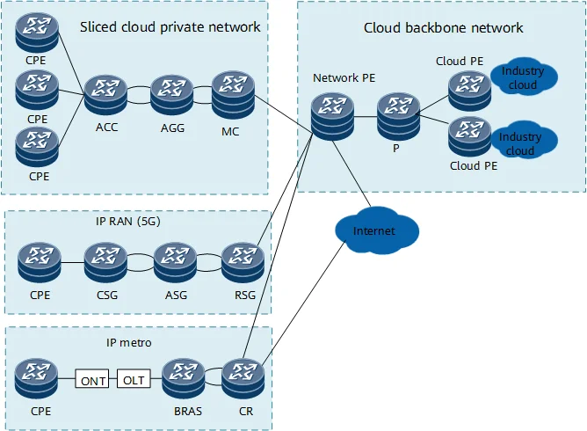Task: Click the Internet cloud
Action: tap(374, 231)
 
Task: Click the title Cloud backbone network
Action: tap(443, 28)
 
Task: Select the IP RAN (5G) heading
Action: tap(134, 222)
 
